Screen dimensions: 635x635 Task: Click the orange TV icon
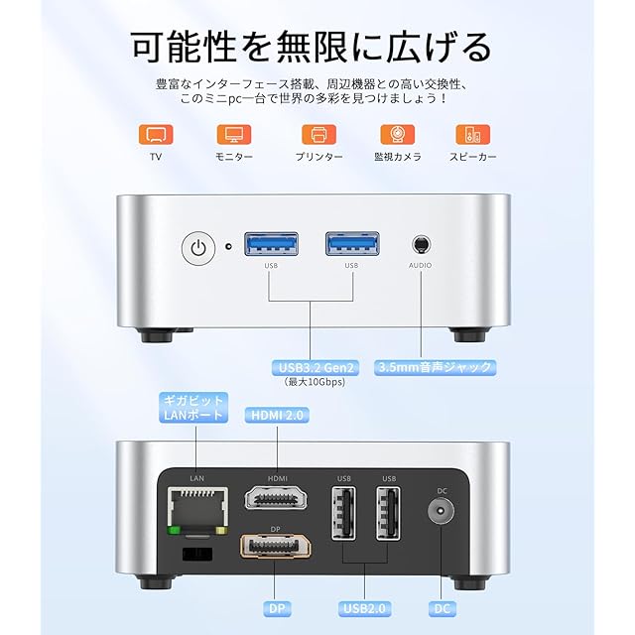[155, 134]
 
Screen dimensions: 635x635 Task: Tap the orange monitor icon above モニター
[234, 134]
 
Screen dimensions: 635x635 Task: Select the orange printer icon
[318, 134]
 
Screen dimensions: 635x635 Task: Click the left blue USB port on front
[271, 244]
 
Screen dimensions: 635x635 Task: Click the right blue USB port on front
[351, 244]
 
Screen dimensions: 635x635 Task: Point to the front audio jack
[421, 244]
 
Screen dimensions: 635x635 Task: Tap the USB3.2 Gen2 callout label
[312, 366]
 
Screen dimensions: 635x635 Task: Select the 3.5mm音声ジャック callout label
[435, 366]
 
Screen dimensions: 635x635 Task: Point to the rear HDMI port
[277, 499]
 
